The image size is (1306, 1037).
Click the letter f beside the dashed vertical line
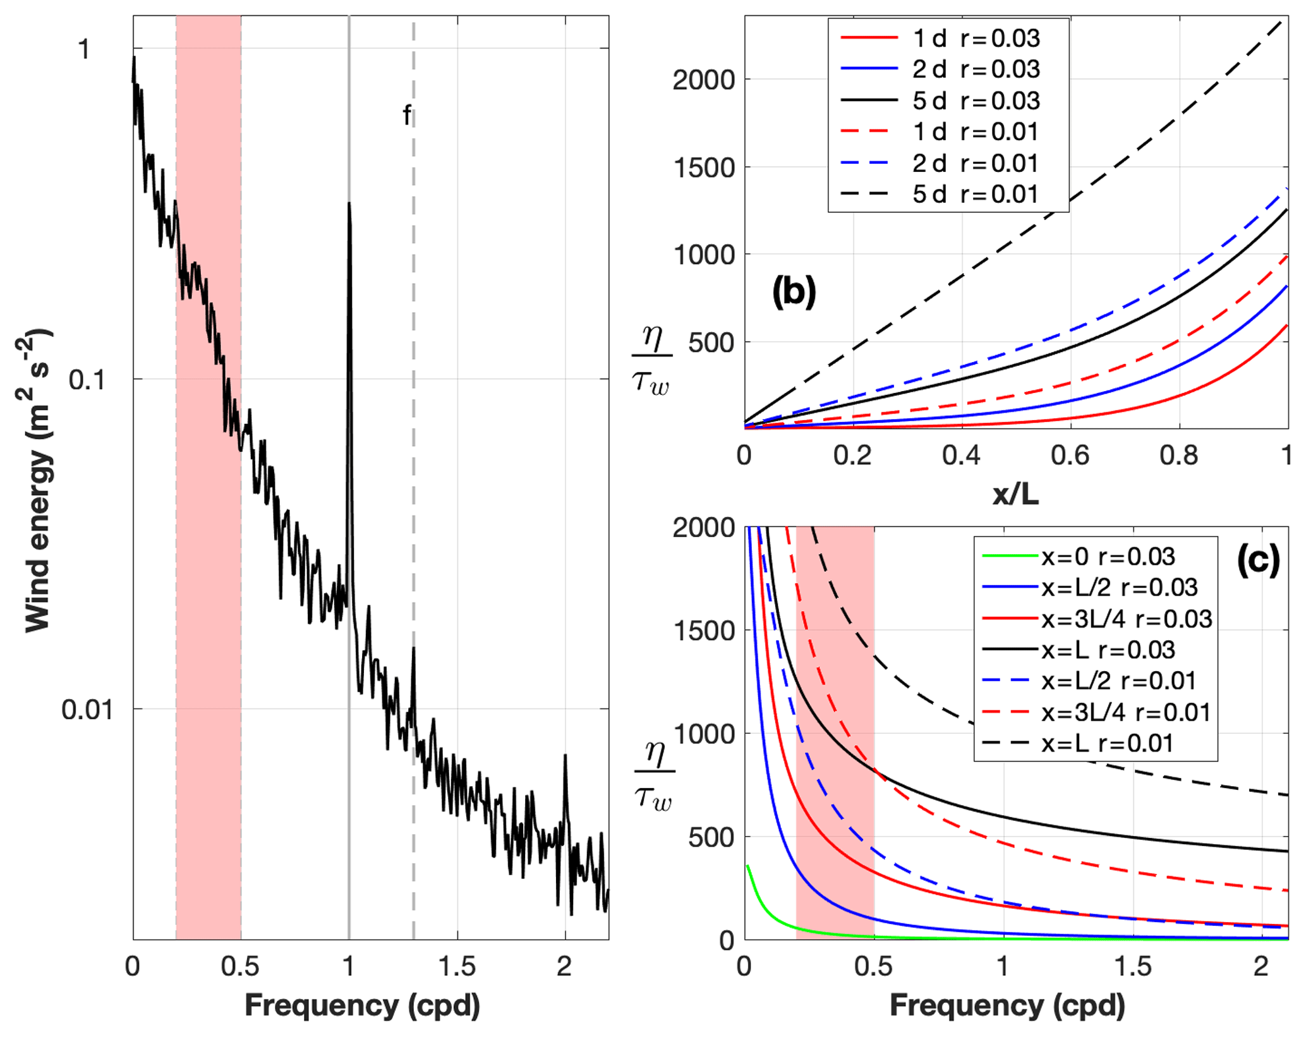(x=407, y=116)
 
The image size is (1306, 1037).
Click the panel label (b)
(x=794, y=292)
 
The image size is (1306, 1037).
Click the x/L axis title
(x=1015, y=494)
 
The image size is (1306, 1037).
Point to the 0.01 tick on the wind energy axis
(x=88, y=710)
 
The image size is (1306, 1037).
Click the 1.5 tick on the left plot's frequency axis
(x=457, y=966)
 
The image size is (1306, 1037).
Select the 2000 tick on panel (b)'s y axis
(x=704, y=80)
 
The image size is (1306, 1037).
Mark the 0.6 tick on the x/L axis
(x=1070, y=456)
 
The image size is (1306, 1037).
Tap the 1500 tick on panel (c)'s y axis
(x=704, y=631)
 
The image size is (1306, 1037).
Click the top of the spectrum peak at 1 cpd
(x=349, y=204)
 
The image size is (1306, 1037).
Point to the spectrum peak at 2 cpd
(x=565, y=756)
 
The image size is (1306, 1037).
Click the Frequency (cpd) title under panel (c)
(x=1007, y=1005)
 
